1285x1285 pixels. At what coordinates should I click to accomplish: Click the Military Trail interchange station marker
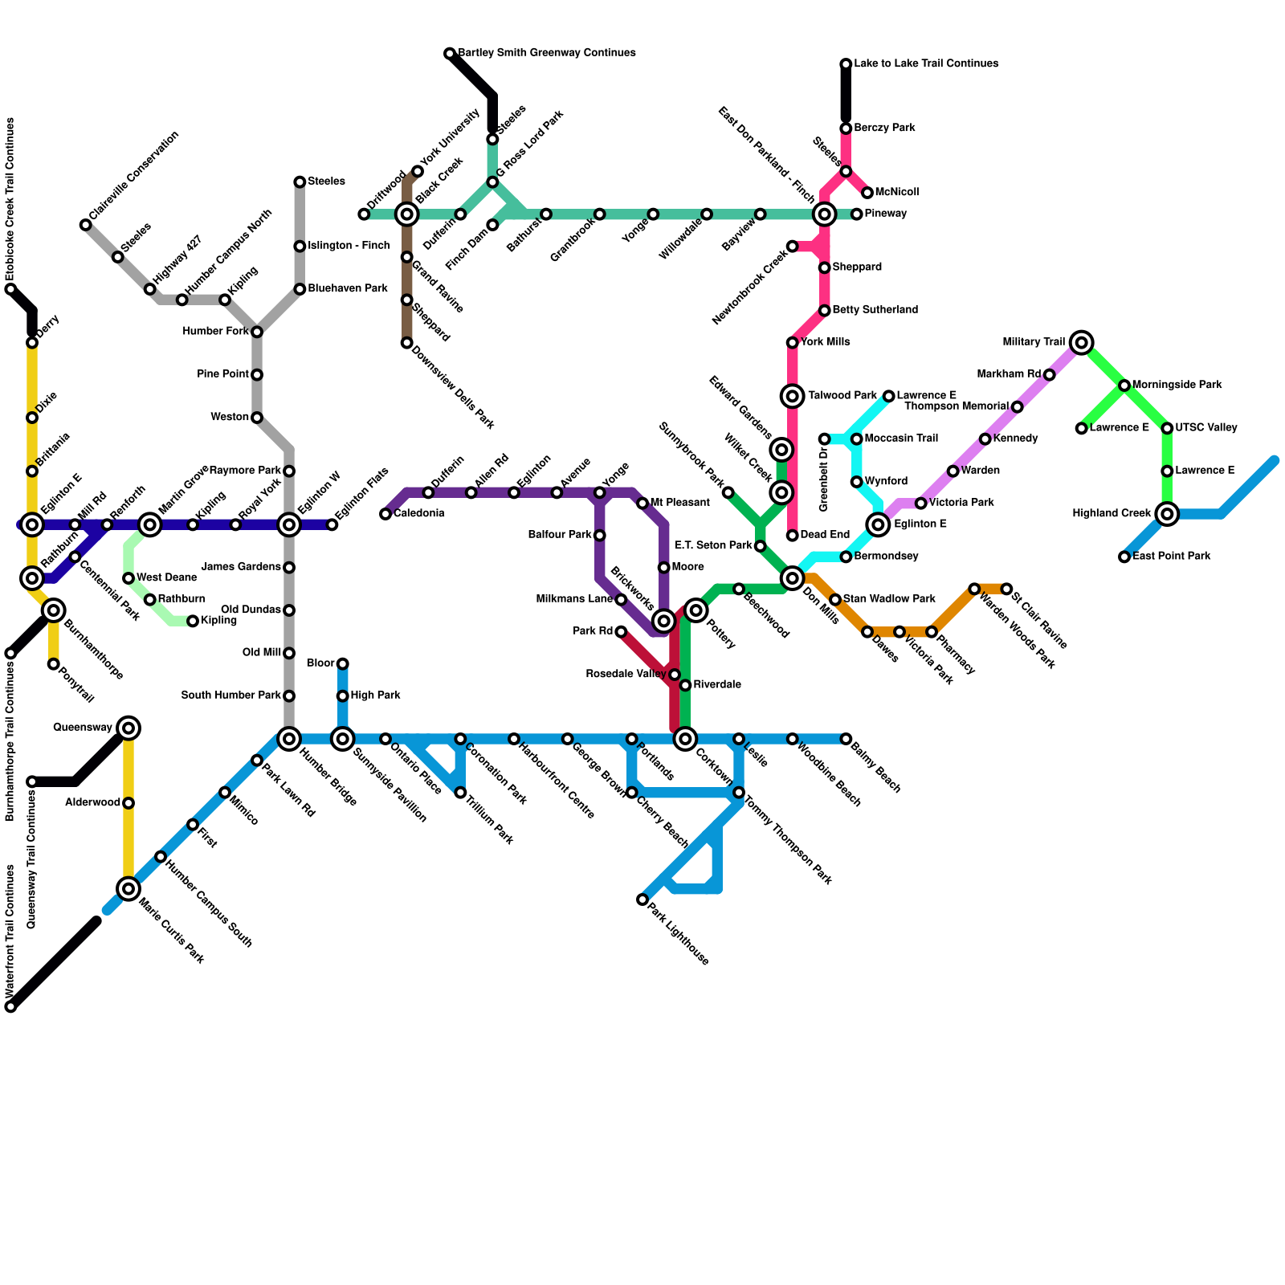pos(1082,343)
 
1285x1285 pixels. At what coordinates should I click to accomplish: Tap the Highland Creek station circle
pos(1168,513)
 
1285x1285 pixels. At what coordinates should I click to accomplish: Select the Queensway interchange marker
pos(128,728)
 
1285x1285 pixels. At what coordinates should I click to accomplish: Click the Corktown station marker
pos(685,739)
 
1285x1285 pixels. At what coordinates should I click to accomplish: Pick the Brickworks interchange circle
pos(663,620)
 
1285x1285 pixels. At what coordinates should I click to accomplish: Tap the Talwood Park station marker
pos(793,395)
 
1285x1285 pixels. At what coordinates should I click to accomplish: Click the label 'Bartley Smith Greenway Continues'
pos(547,53)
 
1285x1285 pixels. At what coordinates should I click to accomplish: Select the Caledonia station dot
pos(385,514)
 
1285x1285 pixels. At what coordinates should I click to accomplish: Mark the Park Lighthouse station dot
pos(642,899)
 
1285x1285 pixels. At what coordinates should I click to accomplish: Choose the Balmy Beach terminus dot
pos(846,739)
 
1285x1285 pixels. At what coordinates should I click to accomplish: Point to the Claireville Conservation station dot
pos(86,225)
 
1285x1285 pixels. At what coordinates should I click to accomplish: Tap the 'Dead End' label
pos(825,535)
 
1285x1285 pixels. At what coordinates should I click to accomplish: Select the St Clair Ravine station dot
pos(1006,589)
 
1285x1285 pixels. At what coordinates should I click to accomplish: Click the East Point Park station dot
pos(1124,557)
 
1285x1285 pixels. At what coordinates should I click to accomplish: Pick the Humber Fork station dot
pos(257,332)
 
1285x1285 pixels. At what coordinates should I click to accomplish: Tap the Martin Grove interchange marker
pos(150,525)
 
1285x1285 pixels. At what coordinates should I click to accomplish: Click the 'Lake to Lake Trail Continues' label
pos(926,63)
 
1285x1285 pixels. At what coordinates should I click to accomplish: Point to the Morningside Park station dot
pos(1124,385)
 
